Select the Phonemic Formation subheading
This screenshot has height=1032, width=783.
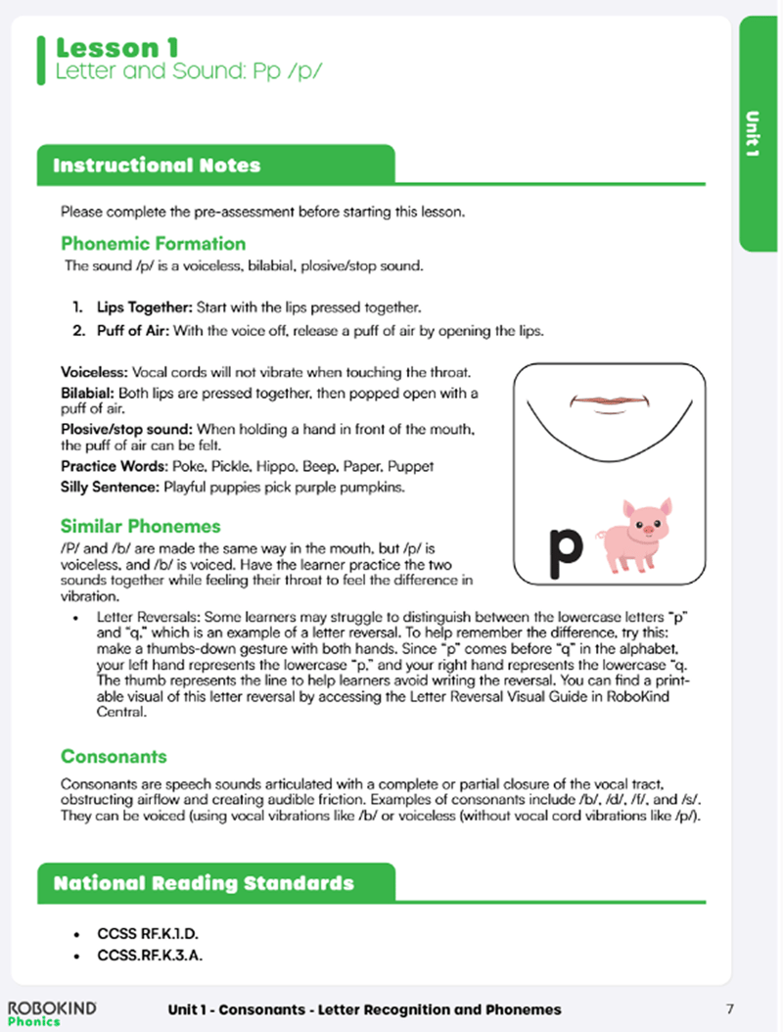point(153,244)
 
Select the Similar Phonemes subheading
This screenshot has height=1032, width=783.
point(141,527)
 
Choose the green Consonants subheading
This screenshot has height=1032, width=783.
point(114,757)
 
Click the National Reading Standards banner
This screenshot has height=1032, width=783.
point(204,883)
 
